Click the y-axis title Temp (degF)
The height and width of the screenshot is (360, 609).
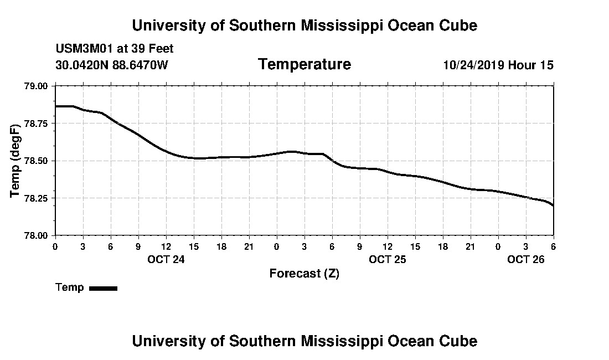click(x=16, y=161)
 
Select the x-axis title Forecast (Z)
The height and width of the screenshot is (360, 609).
click(x=304, y=274)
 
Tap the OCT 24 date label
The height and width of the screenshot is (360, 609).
click(x=166, y=259)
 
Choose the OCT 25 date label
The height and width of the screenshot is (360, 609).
click(x=388, y=259)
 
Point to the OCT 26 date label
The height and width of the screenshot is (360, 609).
click(x=526, y=259)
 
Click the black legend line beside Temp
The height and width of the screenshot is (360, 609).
click(x=103, y=288)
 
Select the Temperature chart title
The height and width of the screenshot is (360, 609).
click(x=304, y=65)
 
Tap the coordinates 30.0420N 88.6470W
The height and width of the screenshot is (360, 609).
click(x=112, y=65)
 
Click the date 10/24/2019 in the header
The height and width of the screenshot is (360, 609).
click(x=473, y=65)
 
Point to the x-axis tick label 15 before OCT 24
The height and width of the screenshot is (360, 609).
click(x=194, y=246)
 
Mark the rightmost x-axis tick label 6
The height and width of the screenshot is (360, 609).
click(x=554, y=246)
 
